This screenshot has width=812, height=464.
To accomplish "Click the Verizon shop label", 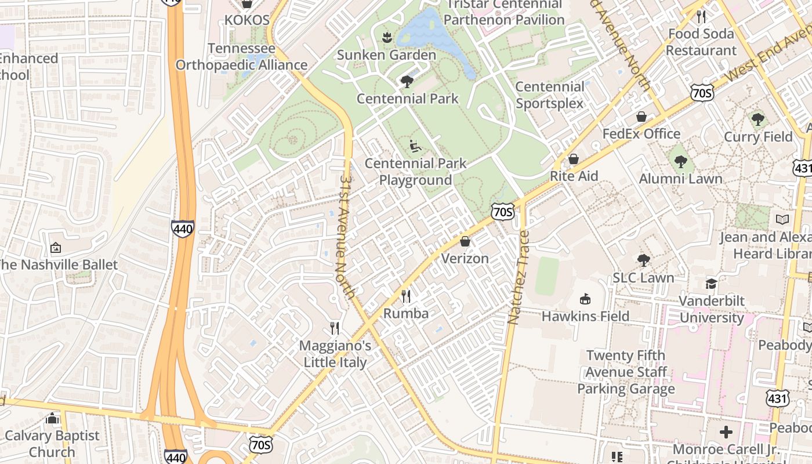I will (465, 259).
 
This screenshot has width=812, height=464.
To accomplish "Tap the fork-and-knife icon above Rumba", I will (406, 296).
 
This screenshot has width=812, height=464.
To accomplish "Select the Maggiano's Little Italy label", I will (335, 354).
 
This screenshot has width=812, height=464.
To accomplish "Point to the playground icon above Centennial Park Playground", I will (415, 146).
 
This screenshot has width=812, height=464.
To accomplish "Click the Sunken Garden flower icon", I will (386, 38).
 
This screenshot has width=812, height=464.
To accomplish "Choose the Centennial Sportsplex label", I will (550, 95).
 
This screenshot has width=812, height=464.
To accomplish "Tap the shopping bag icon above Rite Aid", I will (574, 159).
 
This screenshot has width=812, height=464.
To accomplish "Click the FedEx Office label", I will (641, 134).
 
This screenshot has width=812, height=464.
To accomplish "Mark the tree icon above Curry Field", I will (757, 119).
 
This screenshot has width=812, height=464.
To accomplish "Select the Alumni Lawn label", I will (680, 179).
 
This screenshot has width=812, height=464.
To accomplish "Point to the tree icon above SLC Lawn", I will (643, 260).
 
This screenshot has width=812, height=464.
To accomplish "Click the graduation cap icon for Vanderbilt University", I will (711, 284).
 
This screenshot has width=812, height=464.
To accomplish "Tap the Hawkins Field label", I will (585, 316).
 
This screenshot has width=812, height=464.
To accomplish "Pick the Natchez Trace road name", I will (519, 277).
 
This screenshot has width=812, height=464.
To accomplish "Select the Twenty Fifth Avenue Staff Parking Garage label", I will (626, 372).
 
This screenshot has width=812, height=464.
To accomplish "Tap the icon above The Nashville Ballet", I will (56, 248).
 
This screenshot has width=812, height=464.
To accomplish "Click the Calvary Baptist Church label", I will (52, 444).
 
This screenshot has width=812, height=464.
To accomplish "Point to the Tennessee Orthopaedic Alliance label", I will (241, 56).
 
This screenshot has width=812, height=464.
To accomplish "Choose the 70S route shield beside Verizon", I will (502, 212).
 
